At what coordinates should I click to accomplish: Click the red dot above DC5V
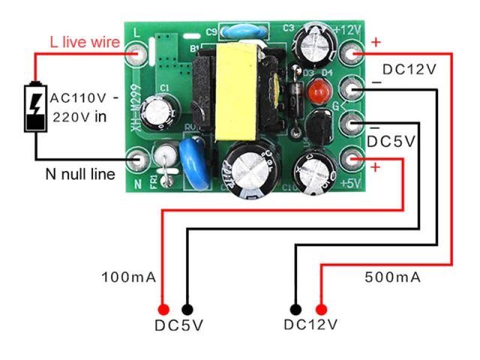[163, 309]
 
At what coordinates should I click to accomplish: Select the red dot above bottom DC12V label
[322, 309]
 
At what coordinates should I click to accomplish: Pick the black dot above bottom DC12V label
[296, 309]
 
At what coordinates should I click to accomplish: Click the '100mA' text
[129, 278]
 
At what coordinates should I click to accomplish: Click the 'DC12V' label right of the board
[409, 70]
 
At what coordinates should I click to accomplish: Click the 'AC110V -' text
[84, 99]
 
